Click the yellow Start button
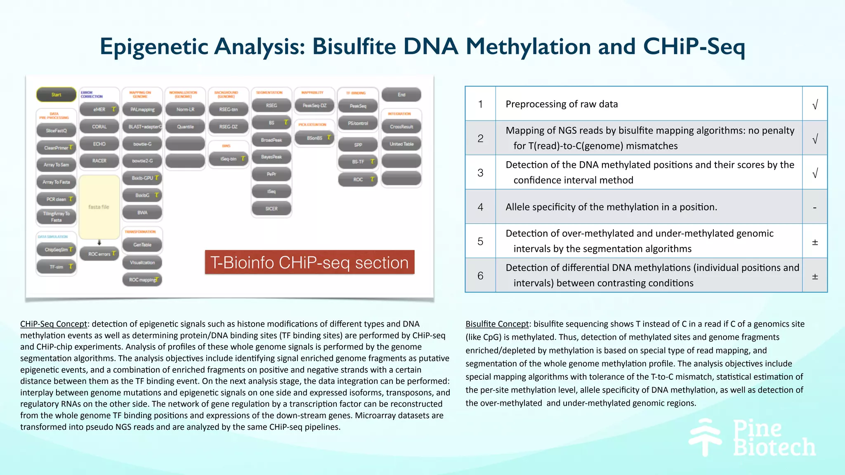56,94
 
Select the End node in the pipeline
401,94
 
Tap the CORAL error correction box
99,127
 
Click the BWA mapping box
142,212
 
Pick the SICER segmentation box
271,209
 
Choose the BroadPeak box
271,140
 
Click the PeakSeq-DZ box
314,106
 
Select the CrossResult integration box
401,127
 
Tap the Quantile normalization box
185,127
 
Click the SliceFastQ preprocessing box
56,131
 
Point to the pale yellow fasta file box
99,207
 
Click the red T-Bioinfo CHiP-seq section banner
309,262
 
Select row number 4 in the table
480,207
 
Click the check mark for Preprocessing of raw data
815,105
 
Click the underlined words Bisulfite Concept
497,324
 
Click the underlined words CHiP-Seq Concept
54,324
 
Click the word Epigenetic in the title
153,46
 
